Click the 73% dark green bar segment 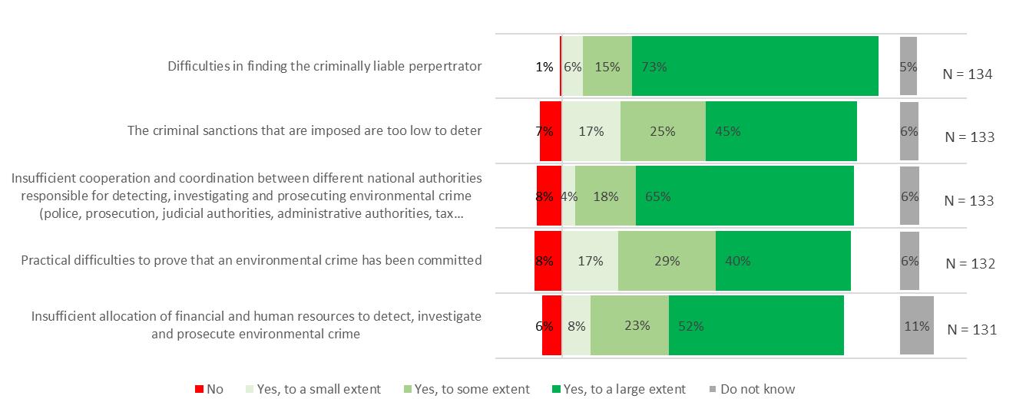(755, 67)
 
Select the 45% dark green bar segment (781, 131)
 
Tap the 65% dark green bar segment (745, 196)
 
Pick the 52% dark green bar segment (756, 325)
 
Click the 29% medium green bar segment (667, 261)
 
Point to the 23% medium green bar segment (630, 325)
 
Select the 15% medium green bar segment (607, 67)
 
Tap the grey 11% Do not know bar (916, 325)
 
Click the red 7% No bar (550, 131)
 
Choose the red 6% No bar (551, 325)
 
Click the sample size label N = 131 (971, 330)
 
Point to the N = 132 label (970, 264)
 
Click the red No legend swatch (199, 389)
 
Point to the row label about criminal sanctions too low (304, 130)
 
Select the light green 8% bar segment (576, 325)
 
